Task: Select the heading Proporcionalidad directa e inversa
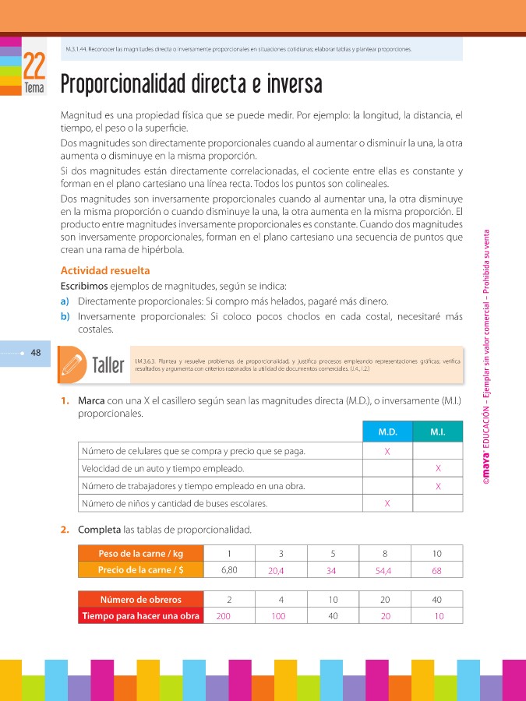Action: click(191, 84)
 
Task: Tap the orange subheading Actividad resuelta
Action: click(104, 271)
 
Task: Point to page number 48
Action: click(36, 352)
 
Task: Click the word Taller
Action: click(108, 365)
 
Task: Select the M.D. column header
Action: click(387, 432)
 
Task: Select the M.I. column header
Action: click(437, 432)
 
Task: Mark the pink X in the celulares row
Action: click(387, 451)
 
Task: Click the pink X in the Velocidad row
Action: click(438, 468)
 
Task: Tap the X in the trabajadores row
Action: click(438, 486)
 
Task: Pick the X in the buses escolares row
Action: click(387, 503)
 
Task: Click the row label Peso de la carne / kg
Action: click(140, 553)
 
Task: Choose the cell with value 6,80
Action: click(229, 569)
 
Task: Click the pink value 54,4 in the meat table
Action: click(385, 570)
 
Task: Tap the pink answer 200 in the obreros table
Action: click(224, 616)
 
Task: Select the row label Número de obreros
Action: click(141, 599)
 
